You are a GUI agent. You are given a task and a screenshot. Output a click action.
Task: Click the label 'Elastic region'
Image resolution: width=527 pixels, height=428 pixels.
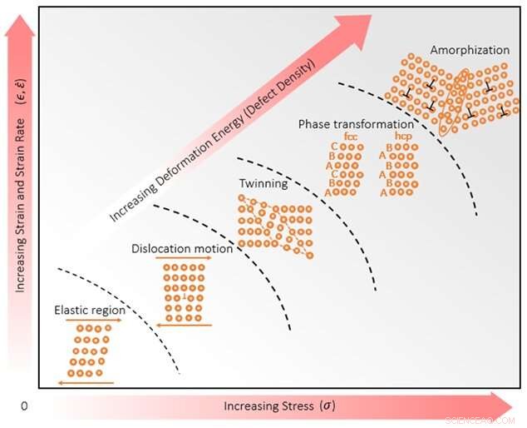pos(90,311)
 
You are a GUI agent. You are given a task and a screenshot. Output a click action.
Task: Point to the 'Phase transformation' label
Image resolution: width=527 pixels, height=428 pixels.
pos(355,124)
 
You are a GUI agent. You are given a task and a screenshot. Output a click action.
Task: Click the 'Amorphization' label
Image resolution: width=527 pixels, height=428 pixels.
pos(468,50)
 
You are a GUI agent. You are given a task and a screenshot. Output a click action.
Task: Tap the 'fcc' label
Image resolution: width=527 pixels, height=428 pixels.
pos(350,135)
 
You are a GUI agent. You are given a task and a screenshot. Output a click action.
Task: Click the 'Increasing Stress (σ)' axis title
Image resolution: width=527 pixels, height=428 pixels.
pos(279,406)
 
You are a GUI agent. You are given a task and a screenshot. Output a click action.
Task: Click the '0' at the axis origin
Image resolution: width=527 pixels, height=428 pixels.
pos(24,406)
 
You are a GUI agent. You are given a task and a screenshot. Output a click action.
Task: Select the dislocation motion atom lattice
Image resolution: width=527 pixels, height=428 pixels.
pos(184,291)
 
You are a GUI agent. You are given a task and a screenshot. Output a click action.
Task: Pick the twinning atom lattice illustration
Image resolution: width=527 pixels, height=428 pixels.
pos(274,223)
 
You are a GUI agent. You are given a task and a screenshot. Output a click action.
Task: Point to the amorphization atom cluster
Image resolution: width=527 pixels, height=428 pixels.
pos(453,92)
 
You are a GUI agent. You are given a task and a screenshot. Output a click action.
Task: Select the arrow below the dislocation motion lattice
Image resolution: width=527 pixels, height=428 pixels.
pos(184,326)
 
